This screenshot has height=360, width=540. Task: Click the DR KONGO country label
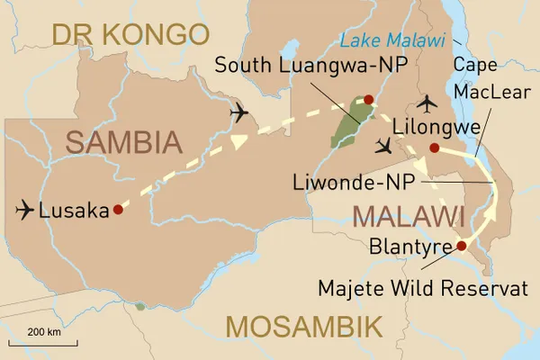(130, 35)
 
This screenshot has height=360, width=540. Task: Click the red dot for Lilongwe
(434, 148)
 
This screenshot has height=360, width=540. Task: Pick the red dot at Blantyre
(462, 245)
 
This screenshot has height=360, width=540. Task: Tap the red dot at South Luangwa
(368, 99)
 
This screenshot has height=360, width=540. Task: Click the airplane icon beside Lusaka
(26, 211)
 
